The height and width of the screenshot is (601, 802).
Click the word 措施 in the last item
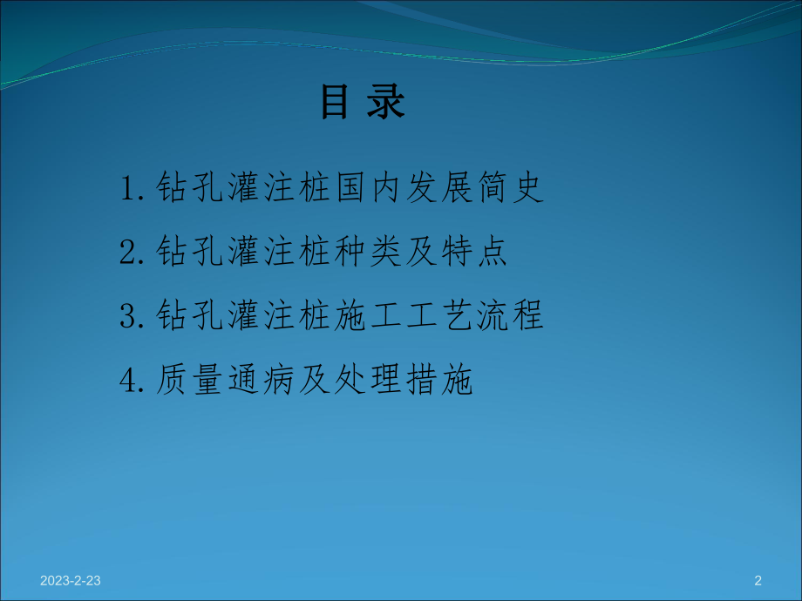tap(436, 380)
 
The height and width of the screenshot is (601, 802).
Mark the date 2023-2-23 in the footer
tap(71, 580)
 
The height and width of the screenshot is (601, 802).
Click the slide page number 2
tap(758, 580)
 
